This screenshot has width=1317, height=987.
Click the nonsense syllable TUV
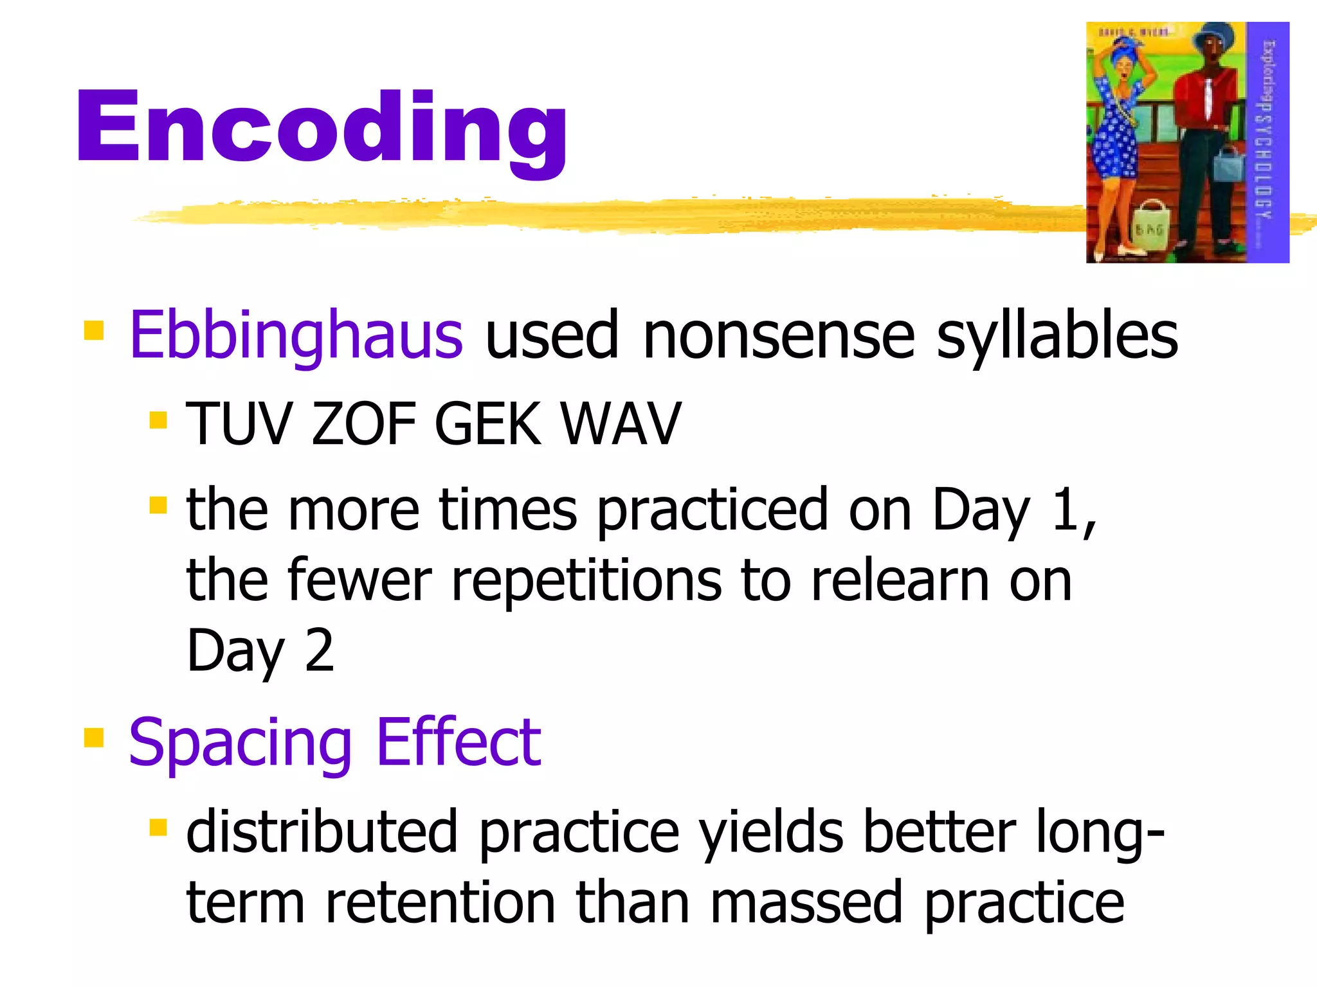238,423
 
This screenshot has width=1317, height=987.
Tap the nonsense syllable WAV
620,423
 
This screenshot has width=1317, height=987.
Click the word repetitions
586,580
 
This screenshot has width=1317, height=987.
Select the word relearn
900,580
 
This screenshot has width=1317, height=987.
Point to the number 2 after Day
320,650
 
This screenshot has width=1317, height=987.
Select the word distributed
322,831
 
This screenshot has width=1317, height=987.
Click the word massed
806,902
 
